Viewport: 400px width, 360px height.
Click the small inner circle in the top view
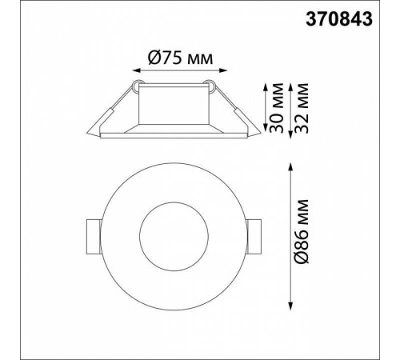point(174,238)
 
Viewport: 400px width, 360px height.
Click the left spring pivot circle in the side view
point(137,82)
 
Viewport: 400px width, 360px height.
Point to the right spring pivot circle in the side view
point(211,82)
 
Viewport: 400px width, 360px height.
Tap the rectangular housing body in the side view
point(174,105)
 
